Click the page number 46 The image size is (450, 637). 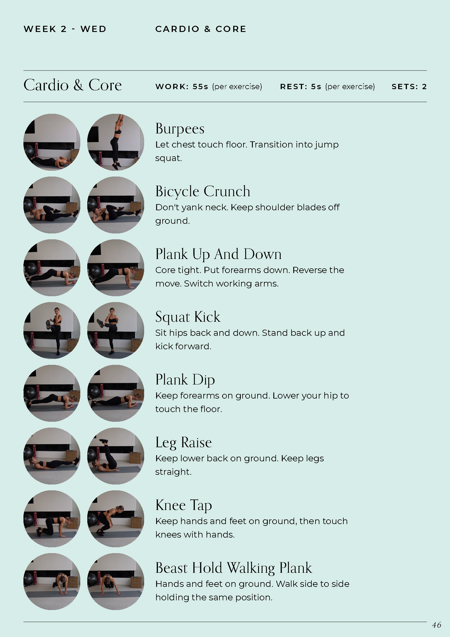click(436, 625)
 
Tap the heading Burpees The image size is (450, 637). click(180, 129)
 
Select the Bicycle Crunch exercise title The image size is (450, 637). click(203, 192)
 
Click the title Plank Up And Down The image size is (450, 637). click(218, 254)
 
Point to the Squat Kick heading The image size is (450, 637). click(187, 317)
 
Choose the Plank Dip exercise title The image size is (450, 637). click(185, 380)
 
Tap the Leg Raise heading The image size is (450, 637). click(183, 443)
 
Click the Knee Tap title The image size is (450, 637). click(183, 505)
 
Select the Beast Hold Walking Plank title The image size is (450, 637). click(233, 568)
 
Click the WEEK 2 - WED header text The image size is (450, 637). click(65, 29)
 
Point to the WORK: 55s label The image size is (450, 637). click(182, 87)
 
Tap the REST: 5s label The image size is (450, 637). click(301, 87)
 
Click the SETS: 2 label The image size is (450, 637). click(409, 87)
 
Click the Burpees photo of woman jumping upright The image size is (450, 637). click(116, 142)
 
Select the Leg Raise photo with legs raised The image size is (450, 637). click(116, 456)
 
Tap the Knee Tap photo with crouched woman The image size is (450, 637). click(116, 519)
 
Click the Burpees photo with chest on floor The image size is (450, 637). click(52, 142)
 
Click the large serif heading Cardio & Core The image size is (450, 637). click(72, 85)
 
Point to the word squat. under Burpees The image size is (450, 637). click(168, 158)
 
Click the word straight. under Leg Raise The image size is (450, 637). click(173, 472)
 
